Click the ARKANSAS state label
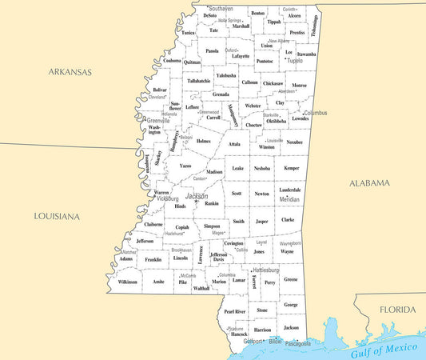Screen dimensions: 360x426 click(70, 72)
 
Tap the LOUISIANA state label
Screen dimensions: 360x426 click(57, 216)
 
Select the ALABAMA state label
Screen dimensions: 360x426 click(369, 183)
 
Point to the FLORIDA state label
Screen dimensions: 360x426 click(397, 310)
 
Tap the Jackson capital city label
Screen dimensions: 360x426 click(197, 196)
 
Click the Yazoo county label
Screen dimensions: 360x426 click(185, 166)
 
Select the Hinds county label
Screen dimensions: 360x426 click(180, 206)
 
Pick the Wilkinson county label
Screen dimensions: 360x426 click(127, 282)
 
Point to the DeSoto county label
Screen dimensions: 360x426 click(209, 15)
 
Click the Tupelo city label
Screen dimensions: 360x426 click(295, 60)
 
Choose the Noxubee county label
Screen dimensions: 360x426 click(294, 142)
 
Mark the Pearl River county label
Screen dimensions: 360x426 click(235, 311)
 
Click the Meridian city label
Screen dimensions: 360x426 click(289, 199)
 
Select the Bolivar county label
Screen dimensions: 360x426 click(160, 90)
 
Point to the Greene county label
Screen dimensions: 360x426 click(291, 279)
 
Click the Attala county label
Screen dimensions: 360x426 click(234, 144)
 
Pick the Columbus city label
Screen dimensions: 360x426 click(315, 113)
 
